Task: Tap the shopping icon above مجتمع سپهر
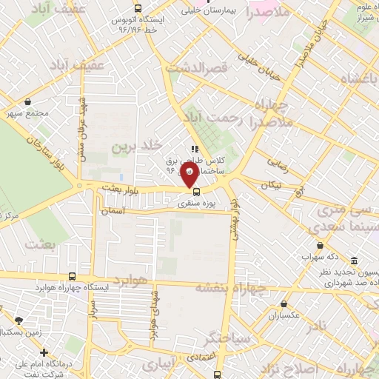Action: pyautogui.click(x=27, y=102)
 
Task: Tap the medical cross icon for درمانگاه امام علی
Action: pyautogui.click(x=44, y=353)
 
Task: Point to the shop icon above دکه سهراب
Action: pyautogui.click(x=320, y=245)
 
